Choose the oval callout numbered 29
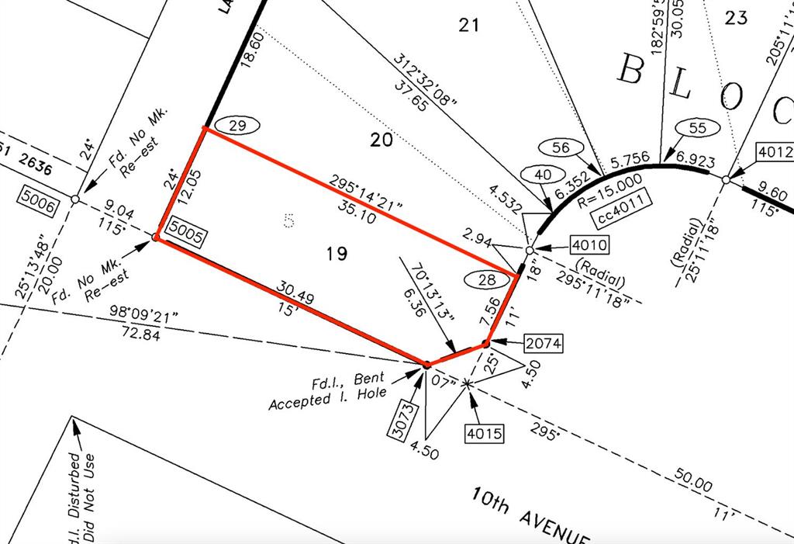point(238,125)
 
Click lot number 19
point(337,253)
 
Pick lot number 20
point(381,140)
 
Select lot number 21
point(468,26)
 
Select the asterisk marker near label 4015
point(467,384)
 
